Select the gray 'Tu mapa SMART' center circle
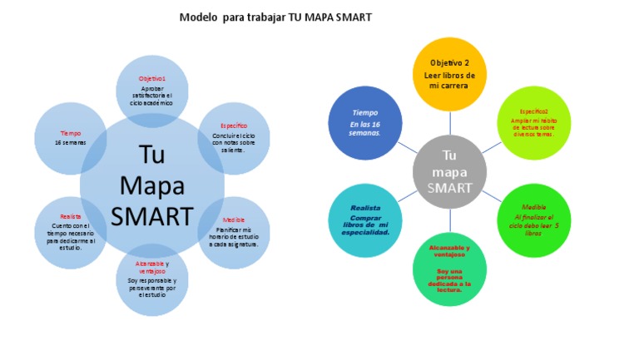(449, 172)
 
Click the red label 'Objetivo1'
(151, 78)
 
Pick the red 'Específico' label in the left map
(234, 126)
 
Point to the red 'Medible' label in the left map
(234, 220)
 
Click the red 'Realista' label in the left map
(71, 215)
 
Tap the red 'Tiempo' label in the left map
(71, 133)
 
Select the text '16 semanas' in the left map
(71, 142)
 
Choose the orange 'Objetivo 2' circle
(450, 74)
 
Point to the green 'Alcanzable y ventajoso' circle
(449, 269)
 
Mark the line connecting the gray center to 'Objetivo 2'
(450, 123)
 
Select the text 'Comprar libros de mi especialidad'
(365, 225)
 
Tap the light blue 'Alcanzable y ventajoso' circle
(152, 279)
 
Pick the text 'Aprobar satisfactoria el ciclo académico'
(151, 95)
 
